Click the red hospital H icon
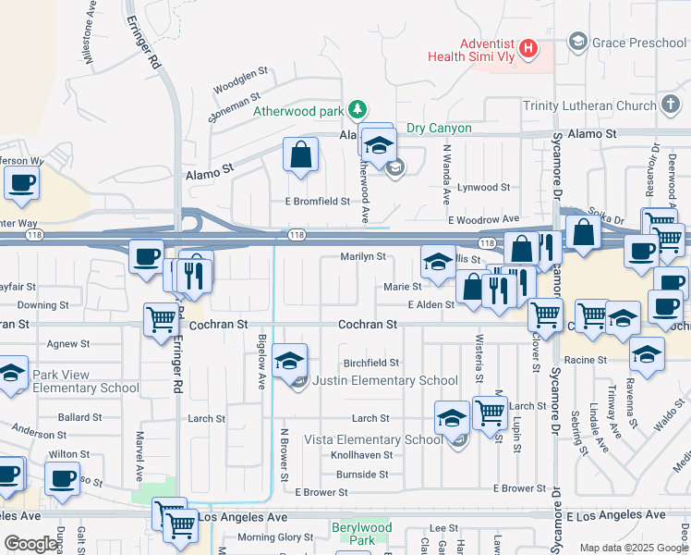click(x=528, y=48)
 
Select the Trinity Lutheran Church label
click(x=589, y=105)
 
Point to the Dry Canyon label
click(x=439, y=129)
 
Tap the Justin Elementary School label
click(x=384, y=380)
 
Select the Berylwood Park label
click(x=361, y=534)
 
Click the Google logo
click(x=31, y=544)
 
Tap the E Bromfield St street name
click(x=317, y=201)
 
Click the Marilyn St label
click(x=362, y=256)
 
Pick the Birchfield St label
click(x=370, y=363)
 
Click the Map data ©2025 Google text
click(x=633, y=548)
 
